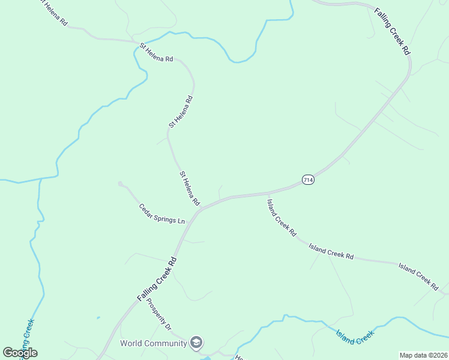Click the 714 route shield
tap(308, 180)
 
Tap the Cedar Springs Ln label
tap(162, 214)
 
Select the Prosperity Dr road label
tap(160, 314)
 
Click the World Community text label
tap(154, 344)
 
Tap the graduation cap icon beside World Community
tap(196, 343)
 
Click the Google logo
tap(20, 353)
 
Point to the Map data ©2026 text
tap(423, 355)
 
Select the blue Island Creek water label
tap(355, 337)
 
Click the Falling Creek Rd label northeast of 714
tap(392, 32)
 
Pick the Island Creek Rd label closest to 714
tap(282, 217)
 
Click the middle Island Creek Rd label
tap(331, 251)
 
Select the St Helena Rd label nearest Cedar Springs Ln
tap(190, 188)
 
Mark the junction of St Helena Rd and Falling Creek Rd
tap(201, 208)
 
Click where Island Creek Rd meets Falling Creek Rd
tap(267, 194)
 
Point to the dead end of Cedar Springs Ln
tap(120, 183)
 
